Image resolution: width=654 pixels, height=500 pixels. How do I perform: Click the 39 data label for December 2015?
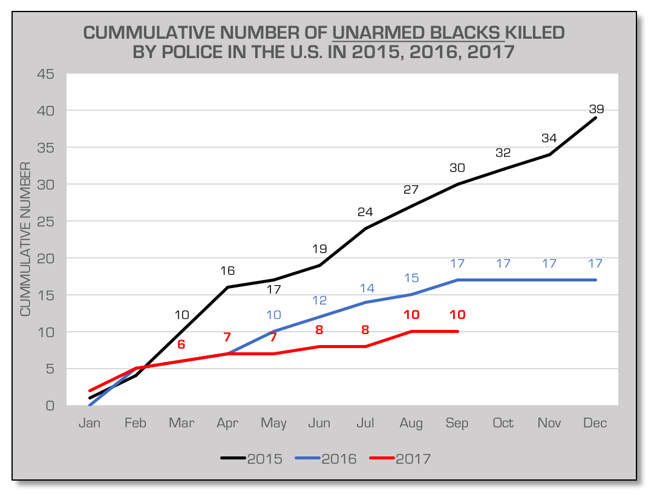click(596, 109)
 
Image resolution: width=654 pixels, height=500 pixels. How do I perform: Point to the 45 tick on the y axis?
click(45, 74)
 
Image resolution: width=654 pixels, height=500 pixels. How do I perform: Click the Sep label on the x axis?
click(457, 423)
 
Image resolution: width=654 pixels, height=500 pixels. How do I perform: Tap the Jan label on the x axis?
click(90, 423)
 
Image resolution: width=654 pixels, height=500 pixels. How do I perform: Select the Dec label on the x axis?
click(595, 423)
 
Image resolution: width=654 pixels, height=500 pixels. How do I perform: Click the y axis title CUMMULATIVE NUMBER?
click(25, 239)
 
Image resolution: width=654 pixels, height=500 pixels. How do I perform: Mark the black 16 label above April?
click(227, 271)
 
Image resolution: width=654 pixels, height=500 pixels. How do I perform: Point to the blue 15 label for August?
click(411, 277)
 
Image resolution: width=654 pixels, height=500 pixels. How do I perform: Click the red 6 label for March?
click(181, 344)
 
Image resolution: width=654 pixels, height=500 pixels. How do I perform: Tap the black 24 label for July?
click(365, 212)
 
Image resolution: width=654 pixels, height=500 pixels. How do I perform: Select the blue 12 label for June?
click(319, 300)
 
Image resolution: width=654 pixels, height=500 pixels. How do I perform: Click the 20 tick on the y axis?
click(45, 258)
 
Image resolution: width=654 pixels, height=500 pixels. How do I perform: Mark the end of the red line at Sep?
click(457, 331)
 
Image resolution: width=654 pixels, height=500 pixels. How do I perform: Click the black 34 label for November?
click(549, 138)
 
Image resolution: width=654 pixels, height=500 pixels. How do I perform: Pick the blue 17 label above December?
click(595, 263)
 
